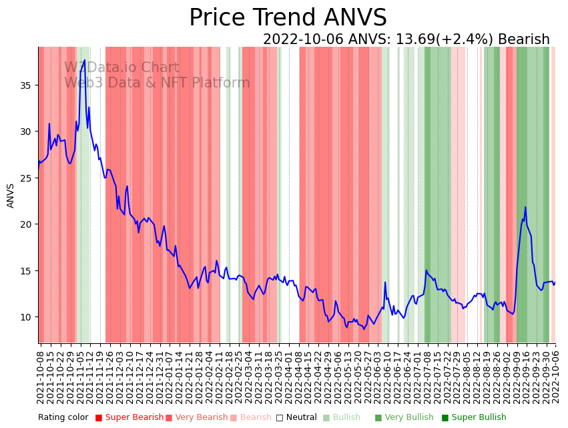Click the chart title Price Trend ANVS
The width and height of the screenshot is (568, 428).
click(x=288, y=18)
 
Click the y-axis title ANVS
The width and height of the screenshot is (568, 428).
click(x=11, y=196)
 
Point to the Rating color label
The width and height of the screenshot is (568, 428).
click(x=63, y=417)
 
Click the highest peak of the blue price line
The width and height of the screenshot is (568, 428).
click(x=84, y=61)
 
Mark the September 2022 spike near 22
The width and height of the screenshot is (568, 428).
click(x=525, y=207)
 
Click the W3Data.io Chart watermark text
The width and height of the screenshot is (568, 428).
click(x=121, y=67)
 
